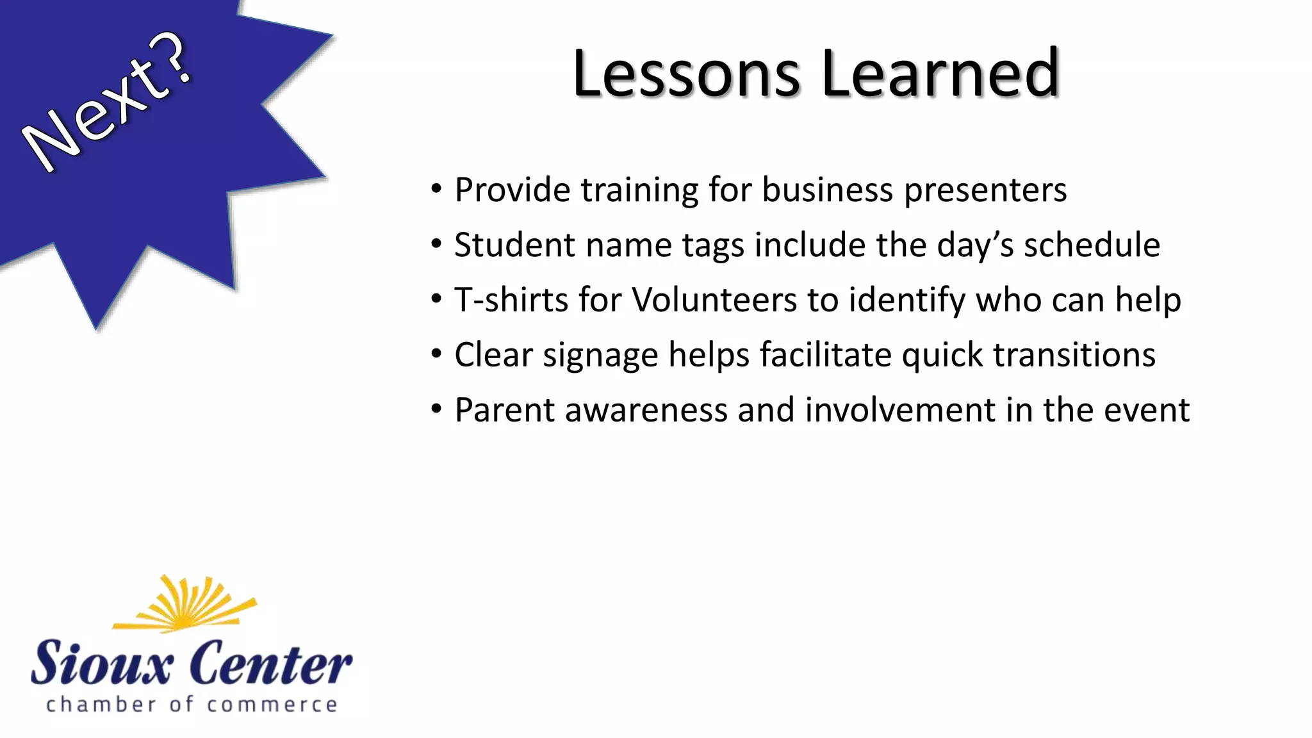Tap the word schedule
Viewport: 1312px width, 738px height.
click(1092, 245)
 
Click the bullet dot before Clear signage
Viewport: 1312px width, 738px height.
click(436, 354)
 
